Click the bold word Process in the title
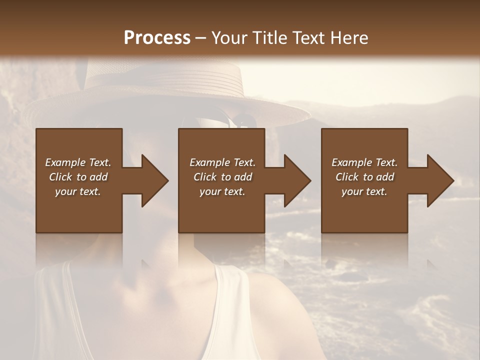[x=157, y=38]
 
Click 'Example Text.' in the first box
[x=78, y=162]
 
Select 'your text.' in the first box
[x=78, y=191]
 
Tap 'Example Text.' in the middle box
[x=222, y=162]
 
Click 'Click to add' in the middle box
[x=222, y=177]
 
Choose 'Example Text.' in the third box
[x=364, y=162]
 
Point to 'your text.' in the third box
[x=364, y=191]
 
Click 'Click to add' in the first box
[x=78, y=177]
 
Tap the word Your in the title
[x=229, y=38]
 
